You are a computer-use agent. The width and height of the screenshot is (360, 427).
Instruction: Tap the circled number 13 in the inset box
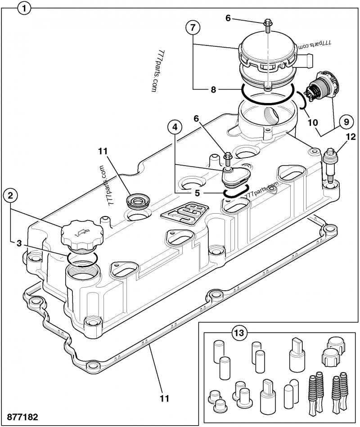click(x=239, y=333)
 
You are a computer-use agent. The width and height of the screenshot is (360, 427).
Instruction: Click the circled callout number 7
click(x=192, y=27)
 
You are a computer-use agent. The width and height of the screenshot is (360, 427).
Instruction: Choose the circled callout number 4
click(x=176, y=128)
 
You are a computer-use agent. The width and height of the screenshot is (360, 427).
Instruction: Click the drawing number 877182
click(x=22, y=417)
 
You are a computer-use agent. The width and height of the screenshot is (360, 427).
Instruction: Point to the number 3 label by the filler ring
click(x=19, y=243)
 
